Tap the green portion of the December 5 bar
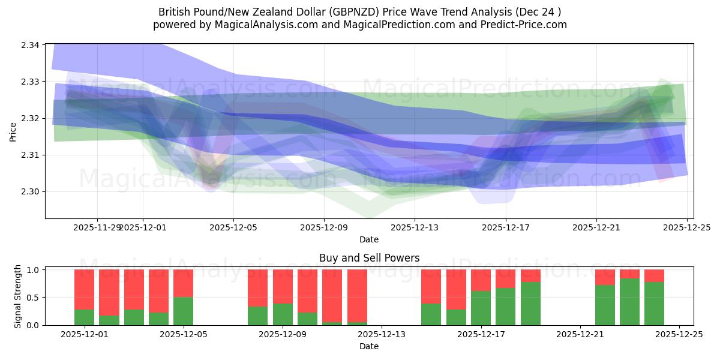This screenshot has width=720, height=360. [x=183, y=311]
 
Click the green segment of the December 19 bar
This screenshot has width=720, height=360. [x=530, y=304]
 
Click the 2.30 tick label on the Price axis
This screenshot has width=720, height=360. [x=31, y=192]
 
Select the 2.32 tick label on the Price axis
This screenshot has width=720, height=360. [x=31, y=118]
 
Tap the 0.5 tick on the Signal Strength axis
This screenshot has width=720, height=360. [x=32, y=298]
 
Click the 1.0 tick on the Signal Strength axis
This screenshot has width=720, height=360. [x=32, y=270]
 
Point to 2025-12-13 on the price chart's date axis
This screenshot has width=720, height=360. [x=415, y=227]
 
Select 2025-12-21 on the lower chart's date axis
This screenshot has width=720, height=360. [x=580, y=335]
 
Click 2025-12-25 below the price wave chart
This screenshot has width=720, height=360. [x=687, y=227]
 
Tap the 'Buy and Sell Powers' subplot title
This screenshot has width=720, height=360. [x=368, y=258]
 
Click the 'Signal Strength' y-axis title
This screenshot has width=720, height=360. [x=18, y=296]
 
